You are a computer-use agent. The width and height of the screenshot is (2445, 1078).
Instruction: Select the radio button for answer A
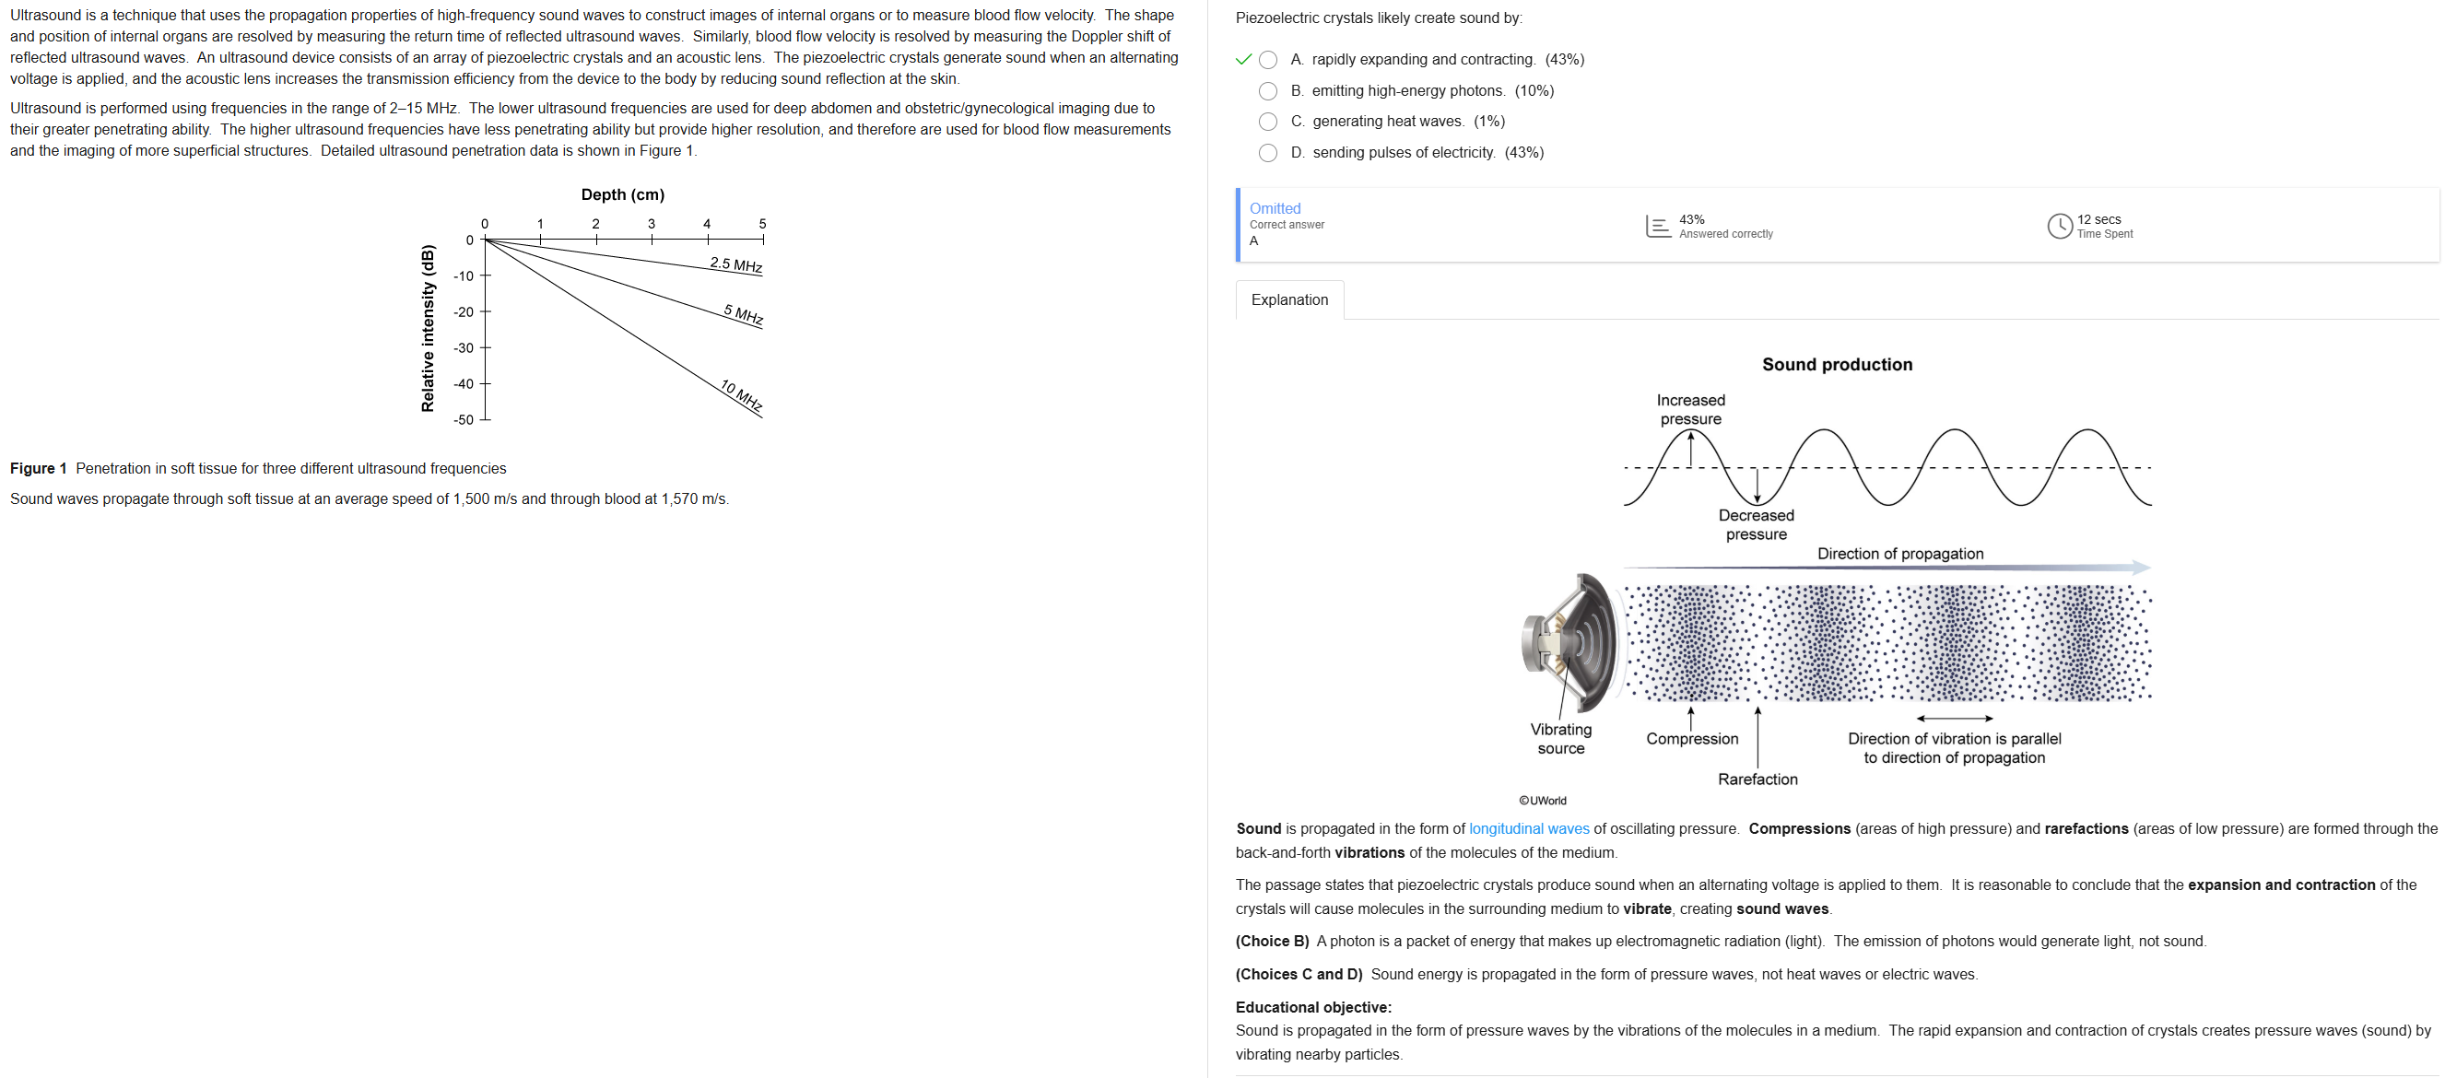point(1267,60)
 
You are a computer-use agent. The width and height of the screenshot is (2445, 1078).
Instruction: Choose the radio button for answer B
point(1267,91)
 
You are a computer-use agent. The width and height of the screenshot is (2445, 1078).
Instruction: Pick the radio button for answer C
point(1267,122)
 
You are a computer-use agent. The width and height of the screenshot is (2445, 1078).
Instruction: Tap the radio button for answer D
point(1267,153)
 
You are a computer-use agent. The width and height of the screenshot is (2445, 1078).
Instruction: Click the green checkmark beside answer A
point(1243,60)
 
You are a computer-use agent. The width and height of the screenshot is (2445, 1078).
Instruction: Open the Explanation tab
point(1289,299)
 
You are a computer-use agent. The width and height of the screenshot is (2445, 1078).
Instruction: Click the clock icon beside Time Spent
point(2059,226)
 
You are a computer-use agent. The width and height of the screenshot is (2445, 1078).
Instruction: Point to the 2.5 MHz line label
point(735,264)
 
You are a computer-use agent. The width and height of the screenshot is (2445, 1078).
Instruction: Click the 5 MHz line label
point(743,314)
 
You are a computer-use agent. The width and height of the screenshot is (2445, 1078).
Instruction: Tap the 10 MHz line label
point(741,394)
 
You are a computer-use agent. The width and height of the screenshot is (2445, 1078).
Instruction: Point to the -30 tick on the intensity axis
point(464,348)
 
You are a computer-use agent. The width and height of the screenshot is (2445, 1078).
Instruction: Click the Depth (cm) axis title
point(623,194)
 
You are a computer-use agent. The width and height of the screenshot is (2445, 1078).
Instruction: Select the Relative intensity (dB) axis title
point(428,328)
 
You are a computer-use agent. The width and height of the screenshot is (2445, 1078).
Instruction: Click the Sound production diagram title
point(1837,364)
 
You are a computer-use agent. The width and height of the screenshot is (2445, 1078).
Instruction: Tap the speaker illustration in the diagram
point(1570,642)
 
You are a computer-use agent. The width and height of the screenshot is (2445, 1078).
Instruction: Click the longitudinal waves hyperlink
point(1528,828)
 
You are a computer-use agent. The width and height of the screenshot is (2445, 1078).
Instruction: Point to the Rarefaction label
point(1757,779)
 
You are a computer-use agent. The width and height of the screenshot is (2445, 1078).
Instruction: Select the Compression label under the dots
point(1691,738)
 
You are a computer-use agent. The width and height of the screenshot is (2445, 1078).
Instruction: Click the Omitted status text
point(1274,209)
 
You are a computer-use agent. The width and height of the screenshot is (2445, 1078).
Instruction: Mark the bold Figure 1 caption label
point(38,469)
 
